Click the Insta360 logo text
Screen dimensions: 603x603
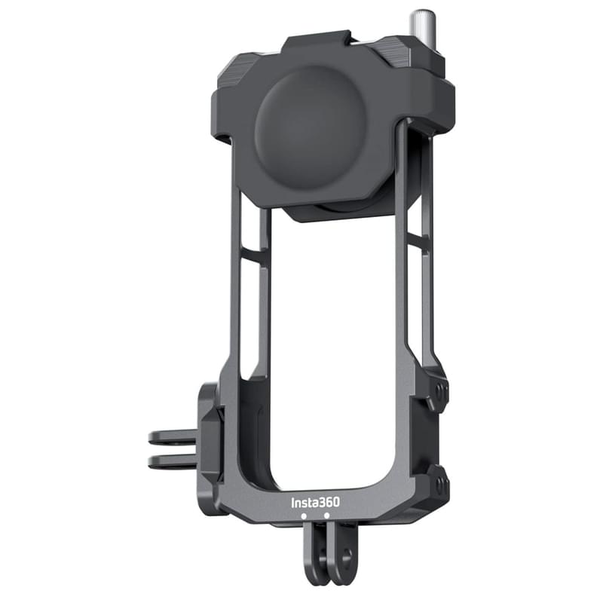point(315,502)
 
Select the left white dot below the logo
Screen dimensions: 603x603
point(304,516)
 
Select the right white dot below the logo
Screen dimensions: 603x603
point(327,516)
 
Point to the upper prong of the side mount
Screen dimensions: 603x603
point(173,436)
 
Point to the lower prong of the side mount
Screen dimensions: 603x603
point(173,461)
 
